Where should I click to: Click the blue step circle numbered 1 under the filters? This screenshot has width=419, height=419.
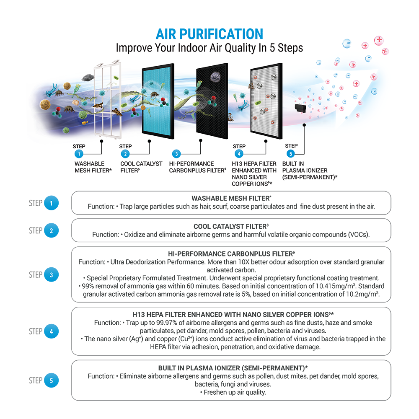78,154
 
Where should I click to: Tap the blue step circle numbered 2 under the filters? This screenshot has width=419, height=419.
125,154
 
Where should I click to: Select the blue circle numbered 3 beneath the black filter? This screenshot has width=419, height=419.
176,154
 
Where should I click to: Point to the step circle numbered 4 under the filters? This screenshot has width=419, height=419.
239,154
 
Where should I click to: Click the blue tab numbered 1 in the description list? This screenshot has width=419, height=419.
52,204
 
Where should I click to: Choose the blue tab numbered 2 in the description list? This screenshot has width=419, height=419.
52,231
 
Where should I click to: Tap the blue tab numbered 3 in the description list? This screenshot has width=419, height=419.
52,275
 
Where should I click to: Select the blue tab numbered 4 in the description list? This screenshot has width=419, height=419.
52,331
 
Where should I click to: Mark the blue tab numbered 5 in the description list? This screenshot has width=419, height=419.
52,381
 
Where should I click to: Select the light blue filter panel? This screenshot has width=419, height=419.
158,99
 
